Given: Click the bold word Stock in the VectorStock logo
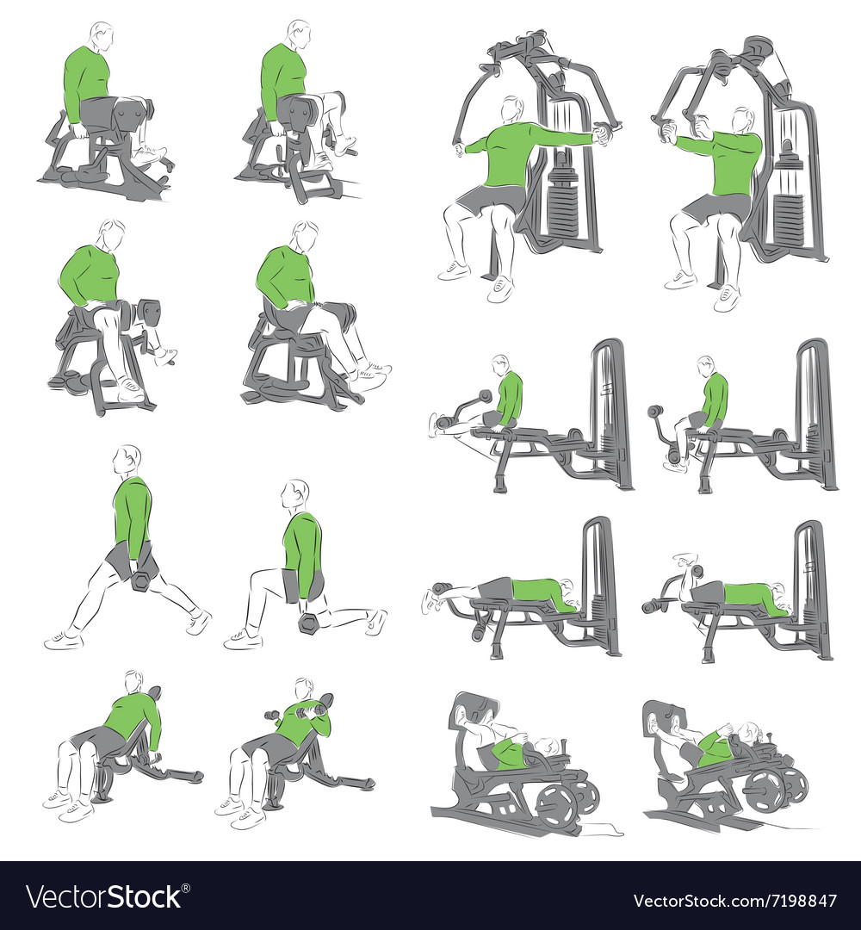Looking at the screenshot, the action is point(141,896).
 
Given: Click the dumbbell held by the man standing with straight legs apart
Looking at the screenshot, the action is point(142,581).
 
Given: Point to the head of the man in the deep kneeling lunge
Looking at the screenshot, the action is point(295,495).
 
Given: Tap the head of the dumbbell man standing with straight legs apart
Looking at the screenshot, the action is point(127,460).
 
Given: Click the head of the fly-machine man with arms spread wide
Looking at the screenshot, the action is point(511,109).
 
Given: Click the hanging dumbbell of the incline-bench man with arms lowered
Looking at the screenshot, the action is point(156,759).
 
